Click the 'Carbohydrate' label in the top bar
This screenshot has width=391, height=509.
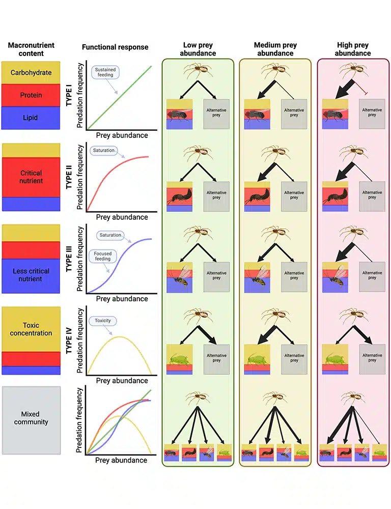point(31,72)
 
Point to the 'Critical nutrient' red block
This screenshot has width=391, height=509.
point(31,177)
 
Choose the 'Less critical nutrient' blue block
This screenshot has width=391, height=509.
point(31,275)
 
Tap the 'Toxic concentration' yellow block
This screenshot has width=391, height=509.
point(31,329)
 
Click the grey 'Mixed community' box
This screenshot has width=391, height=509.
point(31,418)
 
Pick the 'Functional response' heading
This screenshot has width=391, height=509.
point(115,47)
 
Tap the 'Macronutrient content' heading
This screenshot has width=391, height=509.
point(31,49)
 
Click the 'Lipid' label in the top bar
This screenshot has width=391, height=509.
point(31,118)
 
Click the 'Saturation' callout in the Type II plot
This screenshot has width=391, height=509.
point(104,151)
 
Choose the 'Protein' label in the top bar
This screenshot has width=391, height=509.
point(31,95)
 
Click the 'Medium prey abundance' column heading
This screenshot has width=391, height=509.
point(275,49)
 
